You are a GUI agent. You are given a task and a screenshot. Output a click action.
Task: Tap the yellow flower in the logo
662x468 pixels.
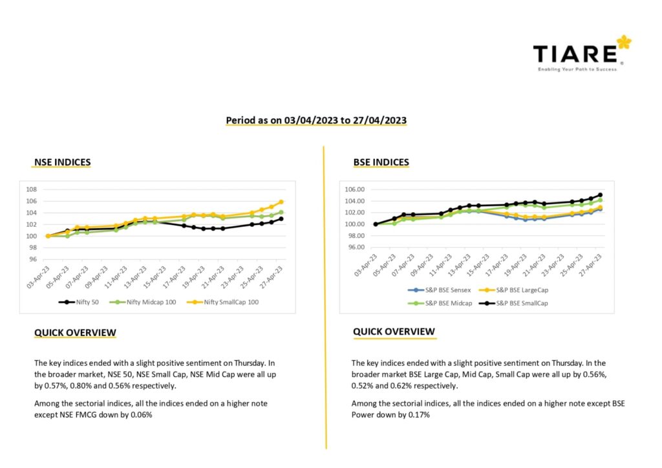(x=624, y=43)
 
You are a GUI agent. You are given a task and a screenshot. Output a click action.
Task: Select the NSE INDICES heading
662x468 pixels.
(x=62, y=162)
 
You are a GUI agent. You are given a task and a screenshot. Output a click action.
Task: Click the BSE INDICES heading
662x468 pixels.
(x=381, y=162)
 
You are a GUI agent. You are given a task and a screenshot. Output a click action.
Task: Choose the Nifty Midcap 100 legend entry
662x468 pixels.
(x=138, y=302)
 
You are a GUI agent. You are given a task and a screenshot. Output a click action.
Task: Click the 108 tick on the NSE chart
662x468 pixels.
(x=32, y=189)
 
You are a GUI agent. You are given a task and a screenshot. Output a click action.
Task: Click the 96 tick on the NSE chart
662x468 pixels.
(x=32, y=259)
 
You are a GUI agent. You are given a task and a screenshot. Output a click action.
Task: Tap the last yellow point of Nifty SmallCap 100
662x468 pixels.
(x=281, y=202)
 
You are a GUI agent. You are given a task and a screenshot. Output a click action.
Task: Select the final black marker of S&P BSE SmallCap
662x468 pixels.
(x=600, y=195)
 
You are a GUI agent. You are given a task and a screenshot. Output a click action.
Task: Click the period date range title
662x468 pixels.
(x=316, y=120)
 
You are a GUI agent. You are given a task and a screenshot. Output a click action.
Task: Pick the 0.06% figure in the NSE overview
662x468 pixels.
(x=140, y=415)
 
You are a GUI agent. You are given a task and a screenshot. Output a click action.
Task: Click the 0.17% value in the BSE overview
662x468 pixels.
(x=418, y=415)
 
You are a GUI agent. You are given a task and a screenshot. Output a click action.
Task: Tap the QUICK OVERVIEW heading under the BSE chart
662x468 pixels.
(x=394, y=332)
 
